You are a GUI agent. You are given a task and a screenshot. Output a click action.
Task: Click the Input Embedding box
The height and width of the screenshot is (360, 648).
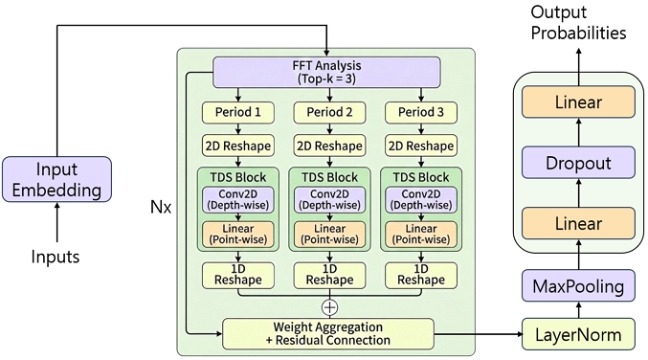click(x=56, y=179)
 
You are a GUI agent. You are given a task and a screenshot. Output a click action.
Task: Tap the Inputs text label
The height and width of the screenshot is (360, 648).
click(x=56, y=257)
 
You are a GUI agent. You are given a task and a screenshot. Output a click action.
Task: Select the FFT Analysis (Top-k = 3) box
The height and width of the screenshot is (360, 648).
click(x=326, y=71)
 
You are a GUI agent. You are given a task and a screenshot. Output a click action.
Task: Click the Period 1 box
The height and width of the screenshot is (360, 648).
click(x=237, y=112)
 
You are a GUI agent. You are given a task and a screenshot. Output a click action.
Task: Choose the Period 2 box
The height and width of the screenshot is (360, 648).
click(x=329, y=112)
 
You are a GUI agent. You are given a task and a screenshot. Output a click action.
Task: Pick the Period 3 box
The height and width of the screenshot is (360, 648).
click(x=421, y=112)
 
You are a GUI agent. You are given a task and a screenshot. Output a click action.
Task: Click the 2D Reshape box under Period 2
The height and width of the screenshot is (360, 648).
click(x=329, y=146)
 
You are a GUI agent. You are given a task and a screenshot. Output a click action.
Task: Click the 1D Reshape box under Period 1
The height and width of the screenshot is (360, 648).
click(x=237, y=275)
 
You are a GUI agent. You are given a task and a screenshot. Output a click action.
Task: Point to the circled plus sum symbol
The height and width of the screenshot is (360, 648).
click(x=329, y=307)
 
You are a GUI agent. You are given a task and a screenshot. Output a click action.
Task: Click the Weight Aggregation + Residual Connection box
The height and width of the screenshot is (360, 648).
click(x=327, y=333)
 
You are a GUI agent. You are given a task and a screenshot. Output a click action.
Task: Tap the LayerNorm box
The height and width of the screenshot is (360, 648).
click(x=578, y=334)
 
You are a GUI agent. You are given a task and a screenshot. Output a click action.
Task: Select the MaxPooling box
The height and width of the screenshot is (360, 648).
click(x=578, y=284)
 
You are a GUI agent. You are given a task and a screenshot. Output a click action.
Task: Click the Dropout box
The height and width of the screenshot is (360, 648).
click(x=578, y=163)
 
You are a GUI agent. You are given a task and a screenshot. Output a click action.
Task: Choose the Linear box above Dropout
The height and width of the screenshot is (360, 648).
click(x=578, y=101)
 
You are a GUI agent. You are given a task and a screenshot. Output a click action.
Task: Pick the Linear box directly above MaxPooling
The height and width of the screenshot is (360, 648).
click(x=578, y=224)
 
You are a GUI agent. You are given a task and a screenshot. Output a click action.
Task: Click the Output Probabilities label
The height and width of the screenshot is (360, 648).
click(x=578, y=22)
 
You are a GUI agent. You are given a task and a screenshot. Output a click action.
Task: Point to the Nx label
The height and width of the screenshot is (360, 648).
click(x=161, y=206)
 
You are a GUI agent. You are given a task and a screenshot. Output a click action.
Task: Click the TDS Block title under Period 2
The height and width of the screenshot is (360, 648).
click(x=329, y=177)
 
